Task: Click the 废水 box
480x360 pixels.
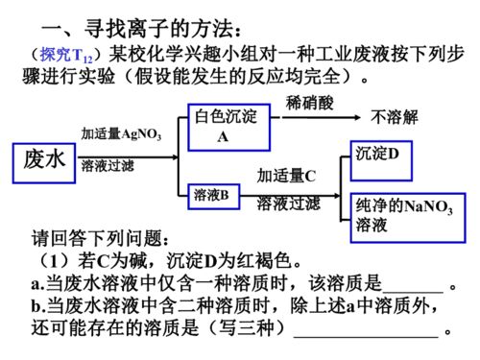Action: coord(44,160)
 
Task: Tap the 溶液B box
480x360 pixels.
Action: coord(210,195)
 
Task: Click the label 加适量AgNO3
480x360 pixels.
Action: coord(121,134)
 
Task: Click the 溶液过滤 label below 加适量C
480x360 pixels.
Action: coord(289,203)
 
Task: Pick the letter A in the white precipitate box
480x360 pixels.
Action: coord(223,137)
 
